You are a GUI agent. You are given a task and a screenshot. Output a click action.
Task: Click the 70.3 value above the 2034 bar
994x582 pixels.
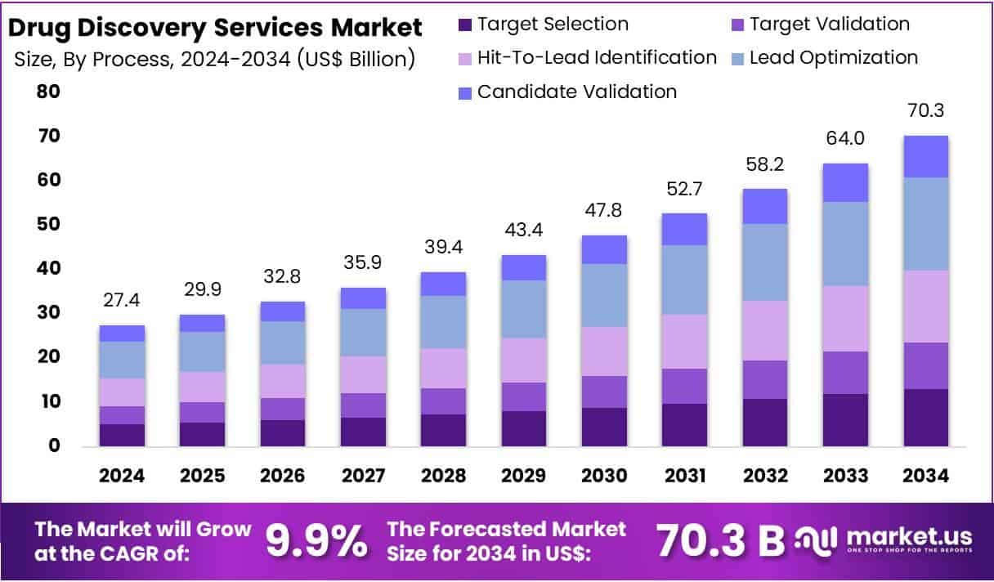click(925, 110)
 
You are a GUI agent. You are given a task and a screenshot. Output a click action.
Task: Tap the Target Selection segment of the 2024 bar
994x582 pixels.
click(122, 434)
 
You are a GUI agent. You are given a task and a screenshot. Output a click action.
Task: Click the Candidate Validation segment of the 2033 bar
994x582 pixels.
click(845, 182)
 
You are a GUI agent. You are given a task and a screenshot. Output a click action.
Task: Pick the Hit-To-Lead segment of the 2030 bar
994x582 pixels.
click(604, 351)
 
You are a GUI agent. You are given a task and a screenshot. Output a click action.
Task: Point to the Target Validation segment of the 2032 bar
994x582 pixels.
click(765, 379)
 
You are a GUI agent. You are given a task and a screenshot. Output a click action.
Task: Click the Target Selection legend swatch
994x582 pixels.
click(465, 25)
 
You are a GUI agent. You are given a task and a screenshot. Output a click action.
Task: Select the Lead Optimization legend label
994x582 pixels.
click(833, 57)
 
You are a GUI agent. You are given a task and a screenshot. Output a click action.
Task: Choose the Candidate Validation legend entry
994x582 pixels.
click(576, 92)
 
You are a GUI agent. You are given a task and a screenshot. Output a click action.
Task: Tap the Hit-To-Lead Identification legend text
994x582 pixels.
click(597, 57)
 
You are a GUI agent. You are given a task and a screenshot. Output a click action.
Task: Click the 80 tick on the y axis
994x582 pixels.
click(47, 92)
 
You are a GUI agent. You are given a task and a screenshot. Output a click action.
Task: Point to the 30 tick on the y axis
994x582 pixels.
click(47, 313)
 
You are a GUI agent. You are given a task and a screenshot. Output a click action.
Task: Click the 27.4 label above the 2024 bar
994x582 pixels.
click(122, 300)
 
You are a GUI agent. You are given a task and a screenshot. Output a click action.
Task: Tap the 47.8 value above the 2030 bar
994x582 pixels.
click(604, 210)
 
